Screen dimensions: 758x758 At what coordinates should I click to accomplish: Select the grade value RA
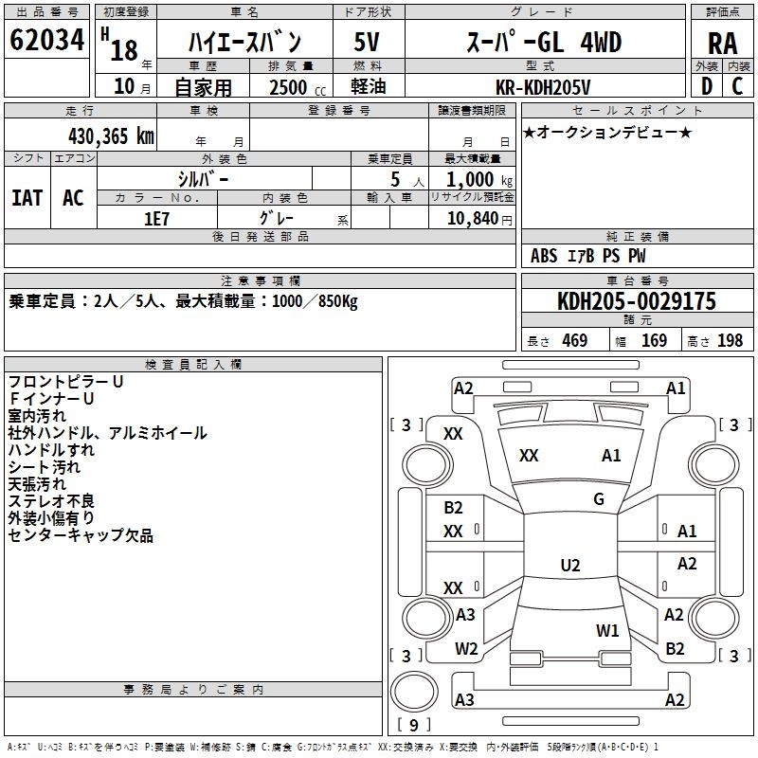pos(722,44)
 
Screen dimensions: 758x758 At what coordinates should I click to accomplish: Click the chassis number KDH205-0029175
pos(636,301)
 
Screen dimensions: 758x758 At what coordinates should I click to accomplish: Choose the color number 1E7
pos(156,218)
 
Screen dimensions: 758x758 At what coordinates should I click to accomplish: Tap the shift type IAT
pos(27,198)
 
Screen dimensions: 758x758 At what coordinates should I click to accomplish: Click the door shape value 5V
pos(367,43)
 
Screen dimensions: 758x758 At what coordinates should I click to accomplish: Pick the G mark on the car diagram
pos(599,499)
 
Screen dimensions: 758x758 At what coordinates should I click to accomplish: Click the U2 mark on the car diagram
pos(570,566)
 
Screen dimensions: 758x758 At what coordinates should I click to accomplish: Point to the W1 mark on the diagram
pos(607,630)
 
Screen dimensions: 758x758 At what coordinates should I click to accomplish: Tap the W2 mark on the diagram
pos(466,649)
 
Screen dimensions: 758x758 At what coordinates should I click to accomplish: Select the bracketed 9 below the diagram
pos(414,726)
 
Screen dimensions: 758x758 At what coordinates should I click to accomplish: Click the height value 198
pos(730,341)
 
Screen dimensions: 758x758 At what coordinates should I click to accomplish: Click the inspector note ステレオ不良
pos(51,501)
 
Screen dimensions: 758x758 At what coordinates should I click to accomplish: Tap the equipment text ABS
pos(544,256)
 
